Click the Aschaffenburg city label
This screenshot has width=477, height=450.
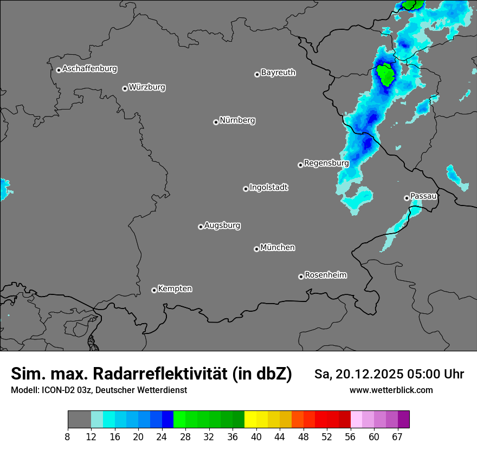coord(89,69)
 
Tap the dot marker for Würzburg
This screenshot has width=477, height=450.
coord(125,88)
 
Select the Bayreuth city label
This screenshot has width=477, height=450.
coord(278,72)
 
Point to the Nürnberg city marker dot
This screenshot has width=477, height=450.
coord(216,122)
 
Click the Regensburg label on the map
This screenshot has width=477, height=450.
coord(326,163)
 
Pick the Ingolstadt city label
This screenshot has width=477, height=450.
coord(269,188)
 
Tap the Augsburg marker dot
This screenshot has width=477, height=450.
coord(201,227)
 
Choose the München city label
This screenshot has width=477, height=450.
coord(278,247)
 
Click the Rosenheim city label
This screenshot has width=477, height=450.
coord(325,275)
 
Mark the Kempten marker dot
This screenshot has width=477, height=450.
coord(154,290)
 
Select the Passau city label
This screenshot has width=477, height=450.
coord(423,196)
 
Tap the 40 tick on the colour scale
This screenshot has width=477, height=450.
coord(256,436)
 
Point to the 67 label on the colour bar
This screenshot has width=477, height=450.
coord(397,436)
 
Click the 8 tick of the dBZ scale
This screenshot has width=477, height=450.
coord(68,436)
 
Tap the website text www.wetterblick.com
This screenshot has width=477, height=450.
coord(391,390)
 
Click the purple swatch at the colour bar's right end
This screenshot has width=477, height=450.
coord(403,420)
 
